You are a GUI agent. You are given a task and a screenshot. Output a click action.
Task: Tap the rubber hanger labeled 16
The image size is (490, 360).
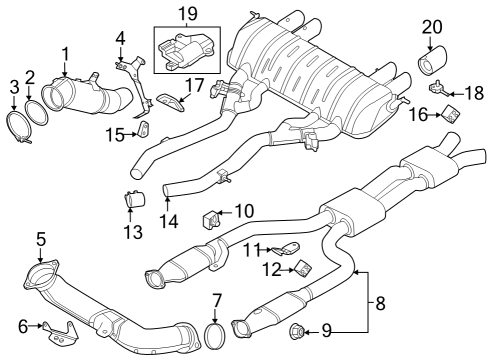[x=450, y=116]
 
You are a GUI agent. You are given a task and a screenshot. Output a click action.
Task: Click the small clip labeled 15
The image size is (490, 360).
[x=143, y=129]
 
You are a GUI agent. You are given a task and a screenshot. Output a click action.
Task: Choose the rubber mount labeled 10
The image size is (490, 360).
[x=212, y=218]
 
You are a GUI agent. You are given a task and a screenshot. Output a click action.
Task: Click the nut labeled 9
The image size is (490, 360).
[x=297, y=331]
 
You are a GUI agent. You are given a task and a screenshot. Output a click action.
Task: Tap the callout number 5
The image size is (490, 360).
[x=41, y=238]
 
